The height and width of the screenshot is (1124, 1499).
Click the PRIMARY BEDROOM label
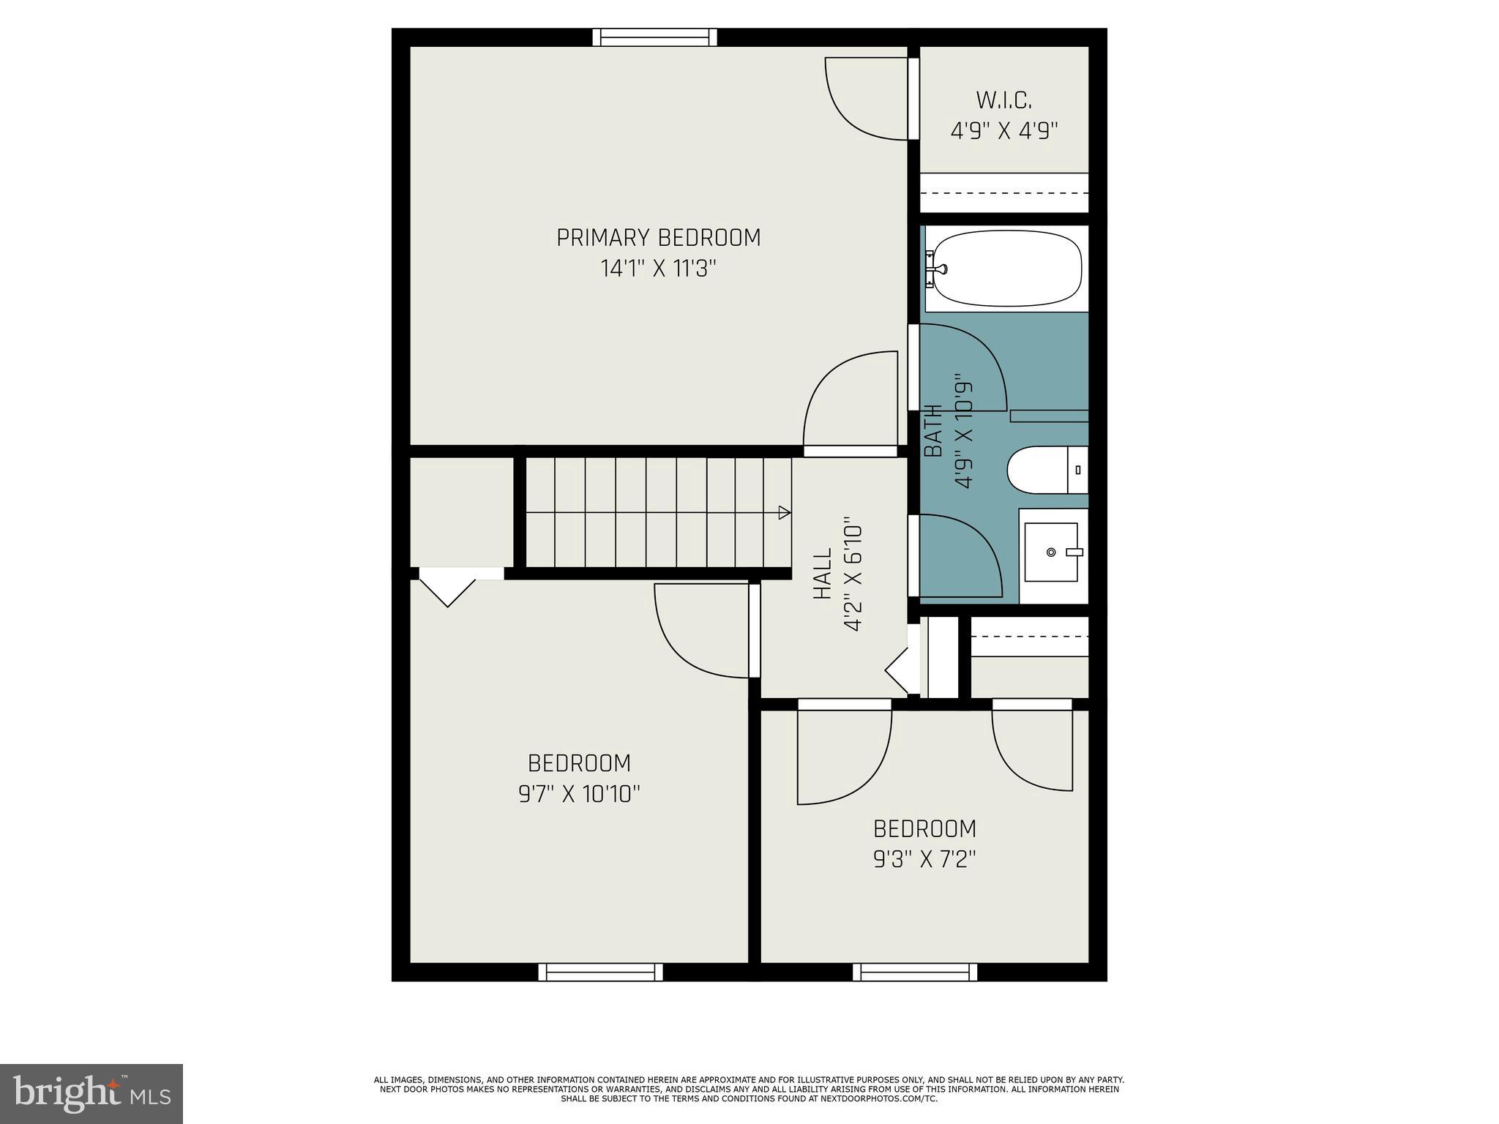658,238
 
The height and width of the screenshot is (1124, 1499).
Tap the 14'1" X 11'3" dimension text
658,269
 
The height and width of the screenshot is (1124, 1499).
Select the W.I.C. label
1003,100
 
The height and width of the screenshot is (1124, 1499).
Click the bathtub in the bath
1006,269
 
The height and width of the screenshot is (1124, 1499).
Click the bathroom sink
1051,552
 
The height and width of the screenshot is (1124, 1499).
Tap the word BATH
933,431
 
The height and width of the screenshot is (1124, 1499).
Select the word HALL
823,574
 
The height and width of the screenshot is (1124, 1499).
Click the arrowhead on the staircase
784,512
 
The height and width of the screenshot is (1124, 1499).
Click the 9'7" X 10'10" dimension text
579,794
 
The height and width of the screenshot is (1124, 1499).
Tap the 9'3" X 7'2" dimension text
924,858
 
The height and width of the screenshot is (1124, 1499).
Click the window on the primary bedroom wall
654,37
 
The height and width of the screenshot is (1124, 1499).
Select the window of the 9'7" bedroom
600,972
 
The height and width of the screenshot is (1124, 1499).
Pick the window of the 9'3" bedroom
914,972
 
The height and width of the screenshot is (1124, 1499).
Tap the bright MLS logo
91,1093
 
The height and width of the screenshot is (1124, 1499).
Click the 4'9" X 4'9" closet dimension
1003,131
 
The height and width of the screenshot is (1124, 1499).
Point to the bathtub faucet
935,269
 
